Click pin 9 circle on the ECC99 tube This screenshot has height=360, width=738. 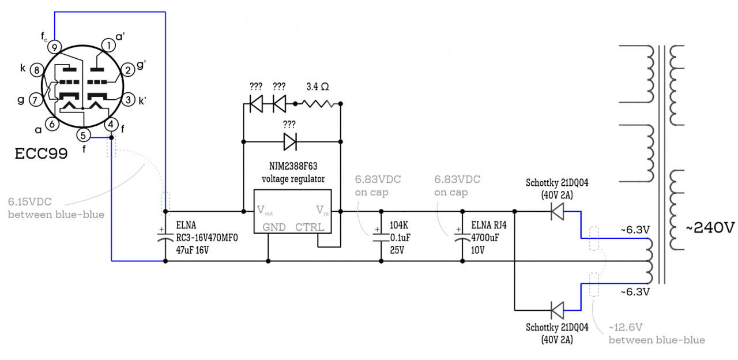54,47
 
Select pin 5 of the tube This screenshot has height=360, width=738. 83,135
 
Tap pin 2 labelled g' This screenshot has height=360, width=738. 128,70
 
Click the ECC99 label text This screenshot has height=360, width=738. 41,153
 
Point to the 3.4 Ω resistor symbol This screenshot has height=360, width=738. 318,104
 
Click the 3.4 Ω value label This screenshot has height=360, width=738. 318,87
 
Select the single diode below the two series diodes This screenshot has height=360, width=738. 290,142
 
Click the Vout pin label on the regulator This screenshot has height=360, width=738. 265,211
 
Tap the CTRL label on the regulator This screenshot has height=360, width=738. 310,227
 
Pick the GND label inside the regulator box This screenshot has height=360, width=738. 274,227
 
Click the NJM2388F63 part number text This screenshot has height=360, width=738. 293,166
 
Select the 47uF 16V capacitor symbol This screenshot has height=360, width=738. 165,237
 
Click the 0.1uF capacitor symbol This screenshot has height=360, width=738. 381,237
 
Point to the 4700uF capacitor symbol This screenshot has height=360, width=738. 462,237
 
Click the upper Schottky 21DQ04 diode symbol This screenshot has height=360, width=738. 558,211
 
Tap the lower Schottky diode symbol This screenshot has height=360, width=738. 558,310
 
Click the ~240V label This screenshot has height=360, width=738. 710,228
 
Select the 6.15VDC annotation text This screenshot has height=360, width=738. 29,202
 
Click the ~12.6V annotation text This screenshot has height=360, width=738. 626,327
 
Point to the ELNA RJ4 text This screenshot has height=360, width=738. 489,226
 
